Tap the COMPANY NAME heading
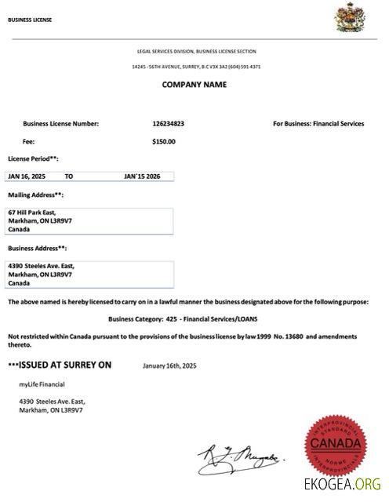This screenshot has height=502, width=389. (194, 85)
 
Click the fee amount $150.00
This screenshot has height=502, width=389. (163, 142)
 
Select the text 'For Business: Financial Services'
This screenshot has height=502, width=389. (318, 123)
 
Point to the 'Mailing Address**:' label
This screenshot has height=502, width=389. (35, 194)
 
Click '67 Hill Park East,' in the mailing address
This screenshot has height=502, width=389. (31, 213)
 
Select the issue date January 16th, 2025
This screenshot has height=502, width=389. (170, 365)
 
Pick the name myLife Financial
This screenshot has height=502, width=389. (42, 384)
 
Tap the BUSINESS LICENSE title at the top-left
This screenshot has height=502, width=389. (30, 20)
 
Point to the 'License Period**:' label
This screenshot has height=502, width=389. (33, 158)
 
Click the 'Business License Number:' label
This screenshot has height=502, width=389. (61, 123)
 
